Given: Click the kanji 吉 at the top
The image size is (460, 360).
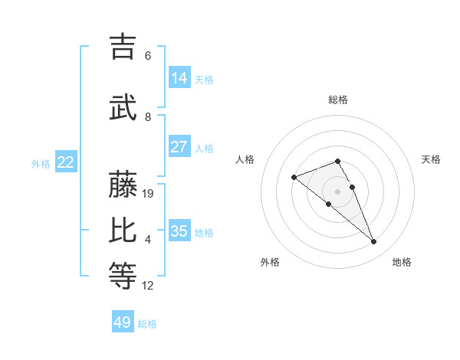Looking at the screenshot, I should [x=123, y=47].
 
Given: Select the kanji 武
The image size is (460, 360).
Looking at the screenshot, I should [x=123, y=108].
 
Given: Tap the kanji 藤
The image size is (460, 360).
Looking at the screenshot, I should [x=123, y=185].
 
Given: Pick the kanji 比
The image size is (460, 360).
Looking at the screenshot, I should [x=123, y=231].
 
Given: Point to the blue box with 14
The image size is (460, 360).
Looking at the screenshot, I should [x=179, y=78].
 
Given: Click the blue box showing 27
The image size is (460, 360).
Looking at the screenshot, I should [x=179, y=147].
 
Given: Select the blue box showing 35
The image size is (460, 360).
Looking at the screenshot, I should [x=179, y=231].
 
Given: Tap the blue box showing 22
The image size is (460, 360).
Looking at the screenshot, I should [x=66, y=162].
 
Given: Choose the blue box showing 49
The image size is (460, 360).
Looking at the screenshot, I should [x=123, y=322].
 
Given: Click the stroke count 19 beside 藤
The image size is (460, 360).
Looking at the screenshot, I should [x=149, y=194].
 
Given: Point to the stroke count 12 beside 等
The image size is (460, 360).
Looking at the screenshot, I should [x=148, y=286].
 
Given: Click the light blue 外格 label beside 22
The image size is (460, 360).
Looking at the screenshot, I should [x=41, y=163].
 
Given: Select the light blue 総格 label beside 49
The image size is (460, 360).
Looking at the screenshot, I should [x=147, y=324].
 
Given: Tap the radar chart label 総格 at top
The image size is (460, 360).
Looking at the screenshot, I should [x=337, y=100].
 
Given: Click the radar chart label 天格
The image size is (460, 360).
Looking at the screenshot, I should [x=431, y=159].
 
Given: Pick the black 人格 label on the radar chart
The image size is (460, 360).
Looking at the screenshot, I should [x=245, y=159].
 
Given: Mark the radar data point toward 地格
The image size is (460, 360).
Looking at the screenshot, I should [x=373, y=242].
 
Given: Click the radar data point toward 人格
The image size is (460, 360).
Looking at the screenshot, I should [x=294, y=178].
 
